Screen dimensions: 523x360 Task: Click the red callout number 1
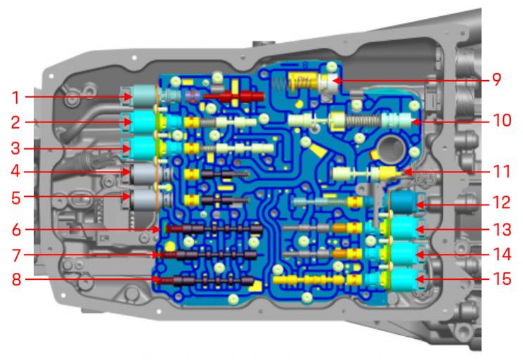coord(15,98)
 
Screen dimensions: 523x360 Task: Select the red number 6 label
coord(16,230)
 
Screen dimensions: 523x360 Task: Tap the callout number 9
coord(496,79)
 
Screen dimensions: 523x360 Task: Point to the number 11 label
coord(501,172)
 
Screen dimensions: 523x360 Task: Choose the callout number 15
coord(502,279)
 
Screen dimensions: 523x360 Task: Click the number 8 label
coord(16,279)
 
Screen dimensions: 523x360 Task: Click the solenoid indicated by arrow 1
coord(143,96)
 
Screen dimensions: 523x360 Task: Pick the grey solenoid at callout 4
coord(143,174)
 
